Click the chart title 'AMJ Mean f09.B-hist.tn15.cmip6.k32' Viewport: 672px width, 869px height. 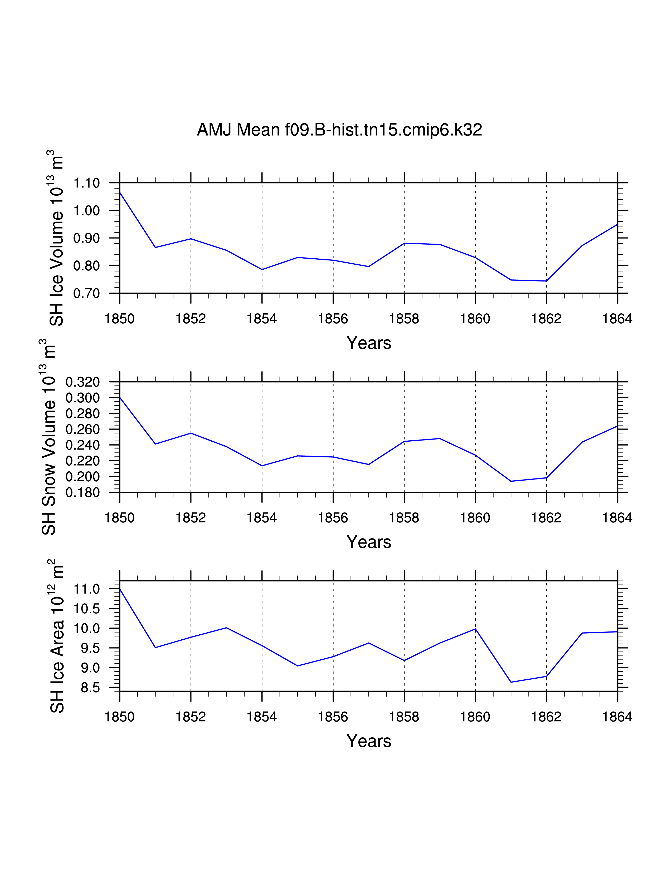point(339,130)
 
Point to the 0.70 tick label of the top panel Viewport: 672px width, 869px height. point(86,294)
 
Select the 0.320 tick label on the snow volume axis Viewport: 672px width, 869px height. point(82,382)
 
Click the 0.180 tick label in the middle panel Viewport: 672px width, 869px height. point(82,493)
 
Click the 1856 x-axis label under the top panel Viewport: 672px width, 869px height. point(333,319)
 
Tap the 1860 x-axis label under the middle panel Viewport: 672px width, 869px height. point(475,518)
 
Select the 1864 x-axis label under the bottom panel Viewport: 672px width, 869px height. point(617,717)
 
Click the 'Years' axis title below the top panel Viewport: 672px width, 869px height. point(369,343)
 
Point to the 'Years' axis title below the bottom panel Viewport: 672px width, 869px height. point(369,741)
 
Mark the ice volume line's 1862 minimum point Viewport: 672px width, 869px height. point(546,281)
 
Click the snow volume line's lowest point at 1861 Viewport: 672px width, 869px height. point(511,481)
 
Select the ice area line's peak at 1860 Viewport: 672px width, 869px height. point(475,629)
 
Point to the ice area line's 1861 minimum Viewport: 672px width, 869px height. point(511,682)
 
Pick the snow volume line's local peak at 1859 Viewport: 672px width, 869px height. point(440,438)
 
